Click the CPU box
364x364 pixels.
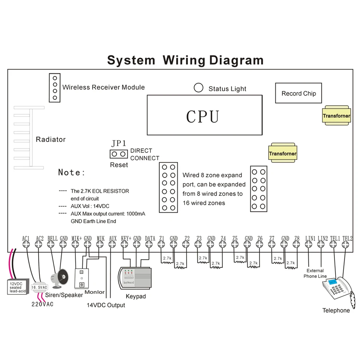coord(204,115)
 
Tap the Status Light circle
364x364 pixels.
coord(198,88)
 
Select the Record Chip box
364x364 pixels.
coord(298,94)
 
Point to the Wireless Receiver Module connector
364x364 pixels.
coord(55,88)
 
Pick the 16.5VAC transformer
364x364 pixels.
coord(39,287)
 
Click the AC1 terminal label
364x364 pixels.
coord(26,238)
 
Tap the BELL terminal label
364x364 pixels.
coord(52,238)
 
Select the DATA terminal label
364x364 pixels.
coord(150,238)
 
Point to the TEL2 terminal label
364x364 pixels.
coord(348,238)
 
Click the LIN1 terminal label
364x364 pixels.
coord(310,238)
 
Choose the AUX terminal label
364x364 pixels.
coord(113,238)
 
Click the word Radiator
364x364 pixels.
coord(51,139)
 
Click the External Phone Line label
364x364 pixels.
coord(315,273)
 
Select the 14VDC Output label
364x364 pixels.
coord(106,305)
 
